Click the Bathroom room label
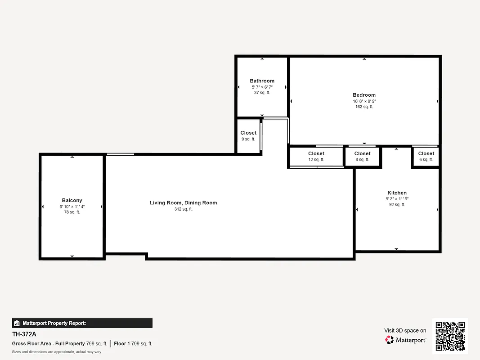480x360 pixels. tap(262, 81)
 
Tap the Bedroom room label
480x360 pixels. tap(364, 95)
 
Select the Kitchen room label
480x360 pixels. tap(397, 193)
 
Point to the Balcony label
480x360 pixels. tap(72, 200)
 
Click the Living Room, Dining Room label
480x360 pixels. tap(183, 203)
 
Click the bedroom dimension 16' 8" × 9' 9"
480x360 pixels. tap(364, 101)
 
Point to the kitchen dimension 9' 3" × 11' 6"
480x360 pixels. tap(397, 199)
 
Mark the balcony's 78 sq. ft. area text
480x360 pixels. tap(72, 212)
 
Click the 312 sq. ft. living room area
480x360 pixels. tap(183, 209)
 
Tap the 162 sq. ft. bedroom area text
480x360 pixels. tap(364, 107)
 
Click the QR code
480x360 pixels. tap(450, 336)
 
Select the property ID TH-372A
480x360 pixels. tap(24, 334)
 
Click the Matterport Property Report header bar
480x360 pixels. tap(82, 323)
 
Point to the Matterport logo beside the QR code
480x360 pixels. tap(406, 340)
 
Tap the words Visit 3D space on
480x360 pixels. tap(405, 331)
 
